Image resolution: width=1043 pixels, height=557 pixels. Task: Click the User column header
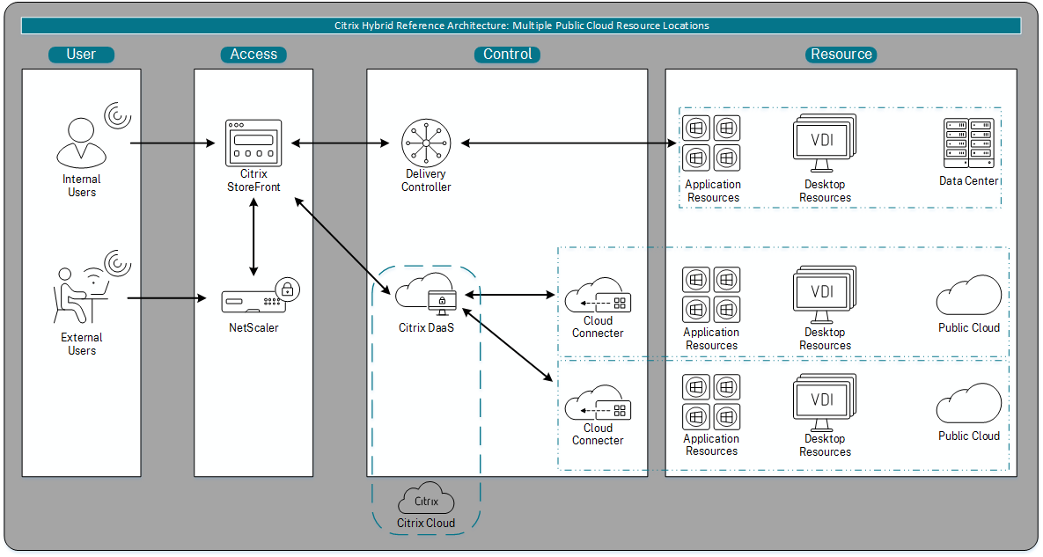pyautogui.click(x=81, y=55)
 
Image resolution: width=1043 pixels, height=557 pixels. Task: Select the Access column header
pyautogui.click(x=253, y=55)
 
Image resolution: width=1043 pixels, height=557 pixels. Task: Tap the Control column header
pyautogui.click(x=507, y=55)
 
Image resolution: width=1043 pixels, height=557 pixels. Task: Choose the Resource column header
pyautogui.click(x=841, y=55)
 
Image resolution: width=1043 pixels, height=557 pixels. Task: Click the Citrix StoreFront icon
pyautogui.click(x=253, y=141)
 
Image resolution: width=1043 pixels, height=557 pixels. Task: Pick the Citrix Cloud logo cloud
pyautogui.click(x=426, y=500)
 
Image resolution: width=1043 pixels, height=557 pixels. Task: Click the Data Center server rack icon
pyautogui.click(x=968, y=143)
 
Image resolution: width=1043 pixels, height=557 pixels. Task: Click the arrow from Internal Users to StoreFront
pyautogui.click(x=173, y=143)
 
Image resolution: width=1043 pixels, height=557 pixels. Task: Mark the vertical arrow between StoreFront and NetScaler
pyautogui.click(x=253, y=236)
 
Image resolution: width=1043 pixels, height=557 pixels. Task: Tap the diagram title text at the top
pyautogui.click(x=521, y=26)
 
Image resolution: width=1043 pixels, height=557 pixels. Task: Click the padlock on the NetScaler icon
pyautogui.click(x=285, y=289)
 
